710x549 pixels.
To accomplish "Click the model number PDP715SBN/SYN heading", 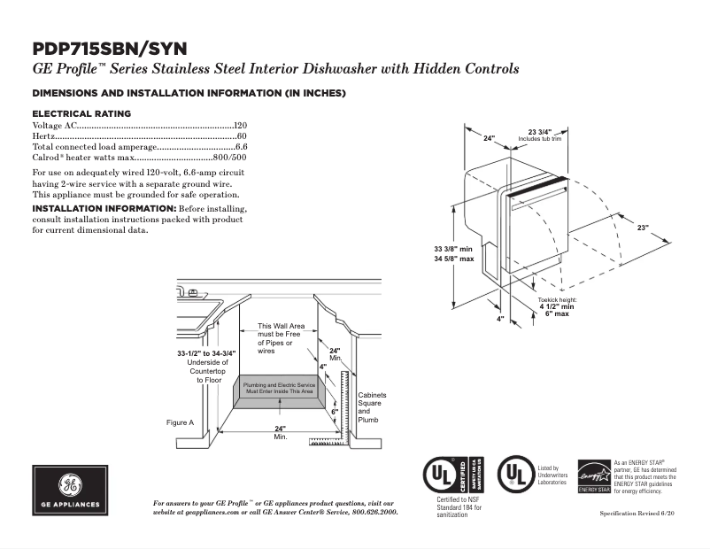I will [x=109, y=48].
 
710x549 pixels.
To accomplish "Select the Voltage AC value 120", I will [x=240, y=126].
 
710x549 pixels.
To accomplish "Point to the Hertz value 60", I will [x=242, y=136].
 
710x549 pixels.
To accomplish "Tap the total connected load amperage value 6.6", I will [x=241, y=146].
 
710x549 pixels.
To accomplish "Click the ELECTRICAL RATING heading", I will [x=81, y=113].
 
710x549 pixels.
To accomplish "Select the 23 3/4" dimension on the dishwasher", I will [x=540, y=132].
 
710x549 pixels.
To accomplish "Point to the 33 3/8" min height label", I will [x=453, y=249].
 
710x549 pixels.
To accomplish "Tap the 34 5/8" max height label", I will [x=453, y=259].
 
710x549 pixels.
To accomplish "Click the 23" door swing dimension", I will [x=642, y=228].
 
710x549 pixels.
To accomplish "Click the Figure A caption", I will [x=180, y=422].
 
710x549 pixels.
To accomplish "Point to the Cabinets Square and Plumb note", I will [x=371, y=407].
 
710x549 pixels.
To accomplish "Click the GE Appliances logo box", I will [x=70, y=491].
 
